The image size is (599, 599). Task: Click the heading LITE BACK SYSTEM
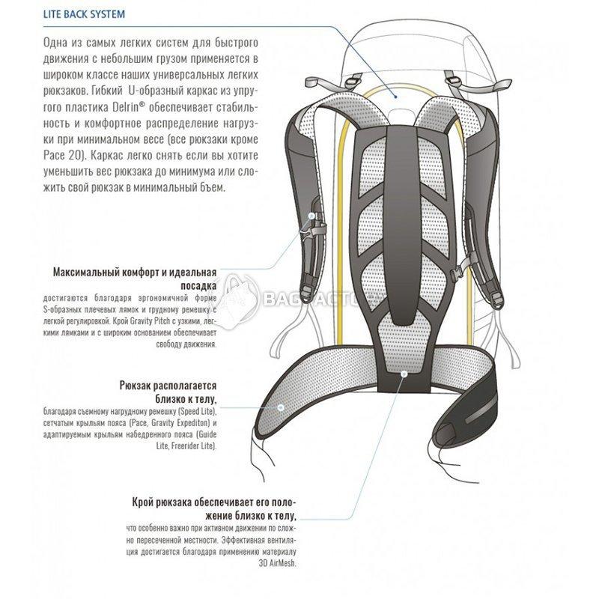(84, 14)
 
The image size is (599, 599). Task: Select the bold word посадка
(198, 286)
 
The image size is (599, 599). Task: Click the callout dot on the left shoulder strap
(311, 216)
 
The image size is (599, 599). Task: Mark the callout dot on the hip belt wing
(281, 407)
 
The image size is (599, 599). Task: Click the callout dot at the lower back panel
(404, 374)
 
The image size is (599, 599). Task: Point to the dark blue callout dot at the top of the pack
(396, 97)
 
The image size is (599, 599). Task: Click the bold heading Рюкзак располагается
(168, 386)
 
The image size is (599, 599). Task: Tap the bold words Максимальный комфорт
(106, 273)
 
